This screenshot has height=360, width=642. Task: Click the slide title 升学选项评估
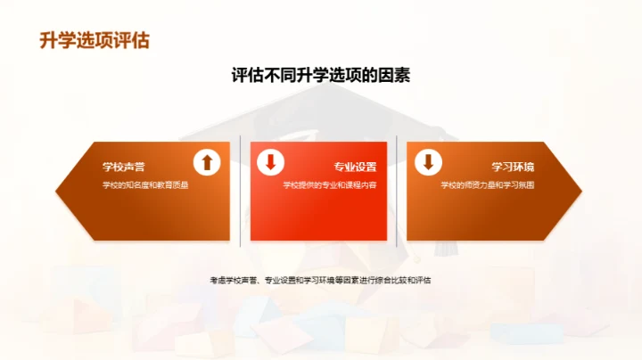tap(95, 41)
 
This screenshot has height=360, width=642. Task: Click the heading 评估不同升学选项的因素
tap(320, 76)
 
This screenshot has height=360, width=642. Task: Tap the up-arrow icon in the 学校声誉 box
tap(206, 162)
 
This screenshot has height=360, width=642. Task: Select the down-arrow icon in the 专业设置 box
tap(269, 162)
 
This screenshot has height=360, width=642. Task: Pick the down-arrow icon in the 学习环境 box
tap(428, 162)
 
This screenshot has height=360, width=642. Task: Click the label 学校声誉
tap(124, 167)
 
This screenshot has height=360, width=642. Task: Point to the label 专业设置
tap(355, 167)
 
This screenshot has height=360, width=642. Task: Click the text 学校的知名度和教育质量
tap(145, 185)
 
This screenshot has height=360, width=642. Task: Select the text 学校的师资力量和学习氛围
tap(488, 185)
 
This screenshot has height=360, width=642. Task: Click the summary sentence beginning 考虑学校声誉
tap(320, 281)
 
